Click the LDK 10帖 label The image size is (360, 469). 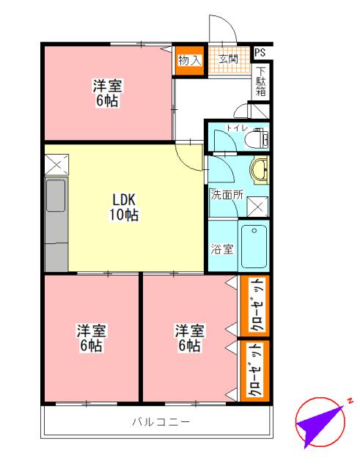point(125,207)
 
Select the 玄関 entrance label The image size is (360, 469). point(227,58)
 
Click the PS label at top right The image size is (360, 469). point(260,53)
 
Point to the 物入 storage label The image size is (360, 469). point(189,59)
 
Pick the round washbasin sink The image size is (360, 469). point(259,171)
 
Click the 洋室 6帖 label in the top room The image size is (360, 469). point(107,93)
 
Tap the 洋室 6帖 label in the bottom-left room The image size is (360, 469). point(92,338)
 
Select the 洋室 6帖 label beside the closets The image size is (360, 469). point(188,338)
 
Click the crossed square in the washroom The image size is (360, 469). point(257,207)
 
